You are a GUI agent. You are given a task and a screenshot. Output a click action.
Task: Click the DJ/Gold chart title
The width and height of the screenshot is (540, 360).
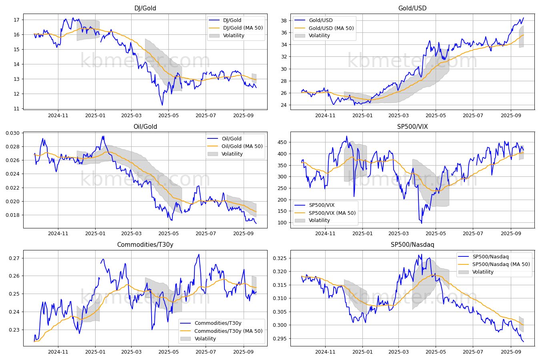tap(145, 8)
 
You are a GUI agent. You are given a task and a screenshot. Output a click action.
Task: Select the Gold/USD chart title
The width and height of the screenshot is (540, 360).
tap(412, 8)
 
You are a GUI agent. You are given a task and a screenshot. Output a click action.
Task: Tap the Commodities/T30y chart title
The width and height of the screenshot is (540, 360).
tap(145, 244)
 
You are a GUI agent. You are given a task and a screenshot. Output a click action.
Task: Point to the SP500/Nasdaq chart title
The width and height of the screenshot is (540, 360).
tap(412, 244)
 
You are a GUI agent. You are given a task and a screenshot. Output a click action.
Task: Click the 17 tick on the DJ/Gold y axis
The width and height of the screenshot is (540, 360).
tap(16, 20)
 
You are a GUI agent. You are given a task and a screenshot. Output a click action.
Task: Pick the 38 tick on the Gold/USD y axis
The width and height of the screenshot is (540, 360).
tap(284, 20)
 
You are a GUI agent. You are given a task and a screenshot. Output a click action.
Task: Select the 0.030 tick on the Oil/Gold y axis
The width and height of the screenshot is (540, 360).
tap(12, 133)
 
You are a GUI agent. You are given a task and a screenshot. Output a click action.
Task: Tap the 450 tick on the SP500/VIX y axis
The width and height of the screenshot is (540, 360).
tap(282, 142)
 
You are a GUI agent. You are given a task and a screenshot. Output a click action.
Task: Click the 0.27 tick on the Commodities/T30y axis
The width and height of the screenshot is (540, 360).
tap(14, 258)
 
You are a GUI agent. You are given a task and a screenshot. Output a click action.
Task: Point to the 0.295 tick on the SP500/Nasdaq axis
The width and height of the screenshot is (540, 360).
tap(280, 338)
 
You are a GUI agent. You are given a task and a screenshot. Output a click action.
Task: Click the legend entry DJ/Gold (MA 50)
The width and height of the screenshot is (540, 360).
tap(243, 28)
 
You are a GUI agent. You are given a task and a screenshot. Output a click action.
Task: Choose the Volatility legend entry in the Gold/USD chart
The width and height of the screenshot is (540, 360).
tap(319, 36)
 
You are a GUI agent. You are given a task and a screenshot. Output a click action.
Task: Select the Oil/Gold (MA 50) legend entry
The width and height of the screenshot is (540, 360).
tap(242, 146)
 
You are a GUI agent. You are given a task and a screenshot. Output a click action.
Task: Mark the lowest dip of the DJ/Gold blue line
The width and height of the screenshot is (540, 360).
tap(162, 105)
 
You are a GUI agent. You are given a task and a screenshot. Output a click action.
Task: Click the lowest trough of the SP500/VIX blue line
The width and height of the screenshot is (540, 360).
tap(421, 223)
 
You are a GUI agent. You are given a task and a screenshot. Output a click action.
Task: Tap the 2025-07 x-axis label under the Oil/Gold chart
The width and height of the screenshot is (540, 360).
tap(206, 234)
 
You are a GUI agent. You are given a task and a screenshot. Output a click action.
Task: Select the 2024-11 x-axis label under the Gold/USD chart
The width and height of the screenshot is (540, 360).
tap(325, 116)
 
